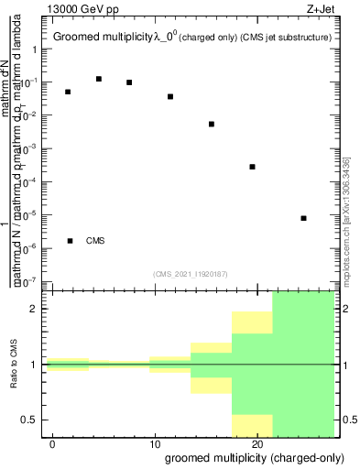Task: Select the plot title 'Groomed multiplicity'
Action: pos(103,38)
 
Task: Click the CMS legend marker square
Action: pos(71,241)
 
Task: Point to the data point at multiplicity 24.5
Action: pos(303,218)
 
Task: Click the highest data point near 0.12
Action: pos(99,79)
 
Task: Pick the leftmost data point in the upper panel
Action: pos(68,92)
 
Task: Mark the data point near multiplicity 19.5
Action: pos(252,167)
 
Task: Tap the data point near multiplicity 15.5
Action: pos(212,124)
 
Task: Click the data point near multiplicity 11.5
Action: pos(170,96)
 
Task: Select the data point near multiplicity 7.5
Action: pos(129,82)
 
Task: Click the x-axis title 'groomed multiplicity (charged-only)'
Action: pos(248,457)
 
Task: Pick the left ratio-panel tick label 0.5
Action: pos(29,420)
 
